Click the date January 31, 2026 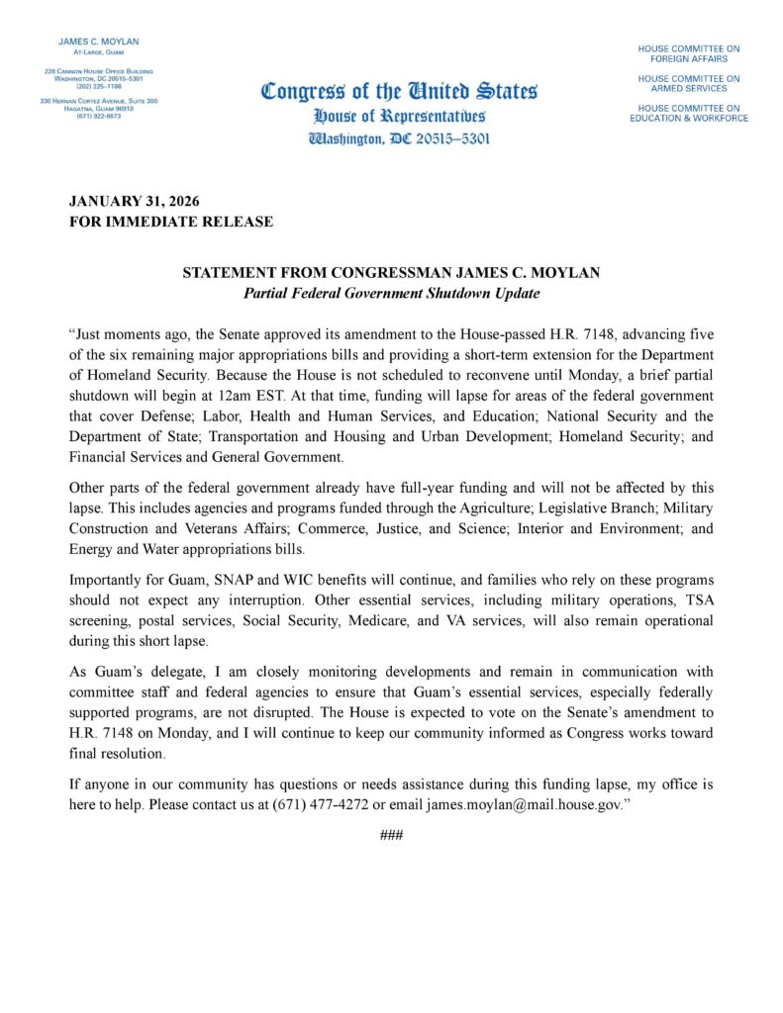(134, 201)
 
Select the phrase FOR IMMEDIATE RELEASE (170, 222)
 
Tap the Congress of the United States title (399, 92)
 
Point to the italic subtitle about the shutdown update (391, 294)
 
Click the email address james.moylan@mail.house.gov (523, 804)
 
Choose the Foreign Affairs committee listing (688, 53)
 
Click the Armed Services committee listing (688, 83)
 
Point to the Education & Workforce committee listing (688, 113)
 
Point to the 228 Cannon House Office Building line (98, 71)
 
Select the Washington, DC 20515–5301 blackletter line (399, 138)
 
